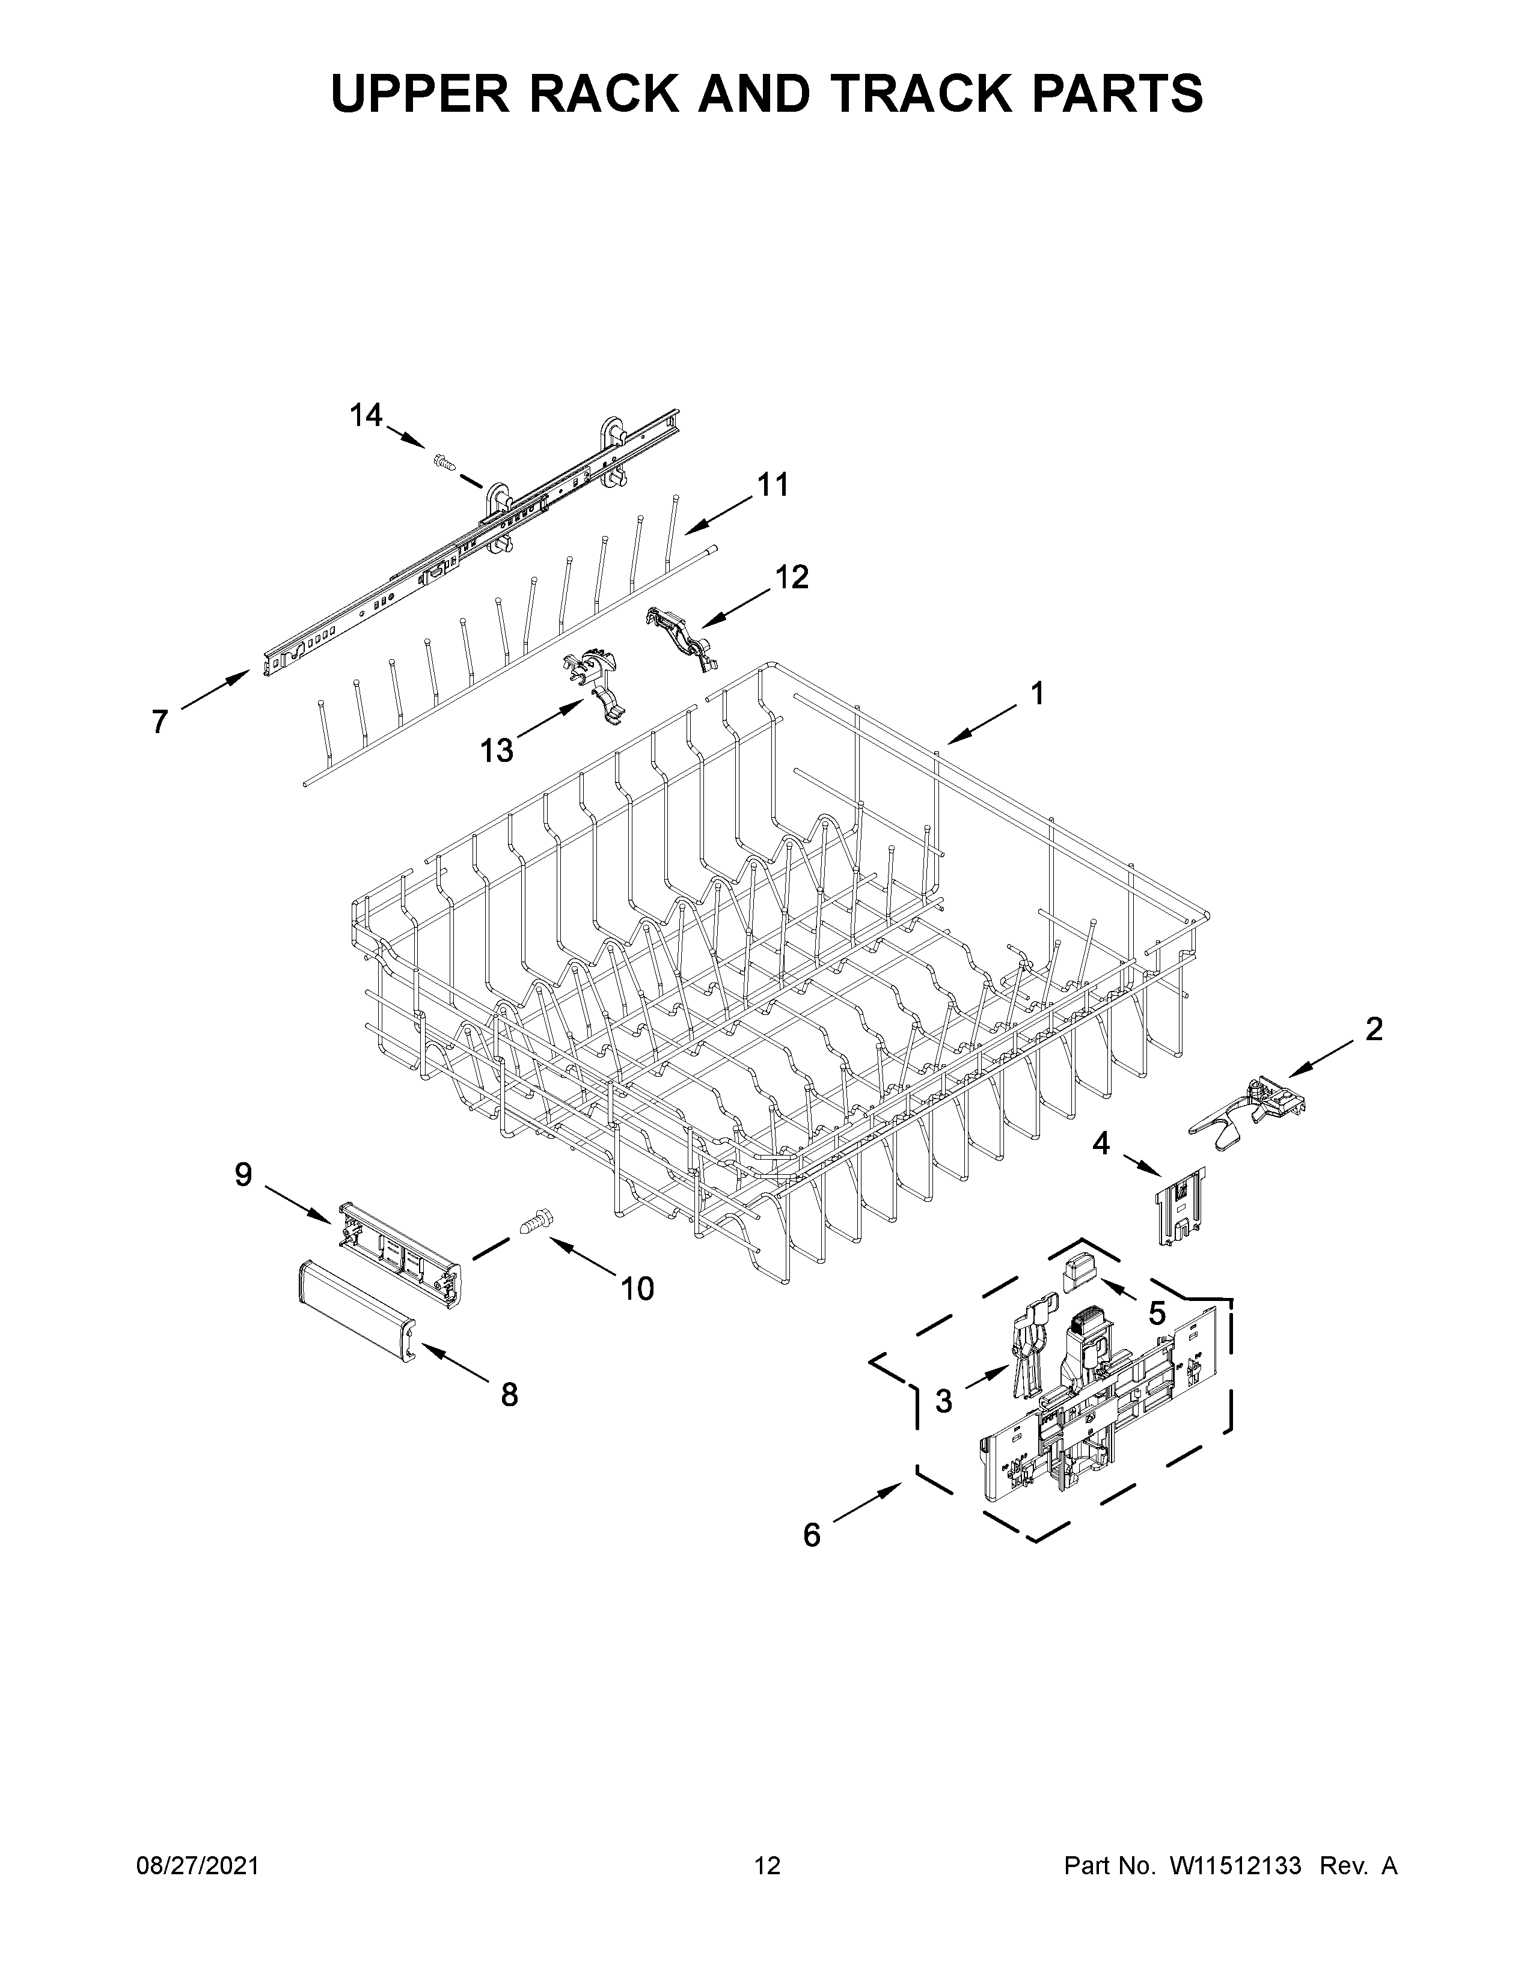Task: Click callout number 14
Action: pyautogui.click(x=366, y=416)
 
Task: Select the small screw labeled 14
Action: pyautogui.click(x=444, y=463)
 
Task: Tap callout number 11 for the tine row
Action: pyautogui.click(x=773, y=485)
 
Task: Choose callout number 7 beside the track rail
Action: pyautogui.click(x=160, y=722)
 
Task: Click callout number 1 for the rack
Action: pyautogui.click(x=1036, y=693)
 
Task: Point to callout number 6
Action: pyautogui.click(x=811, y=1535)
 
